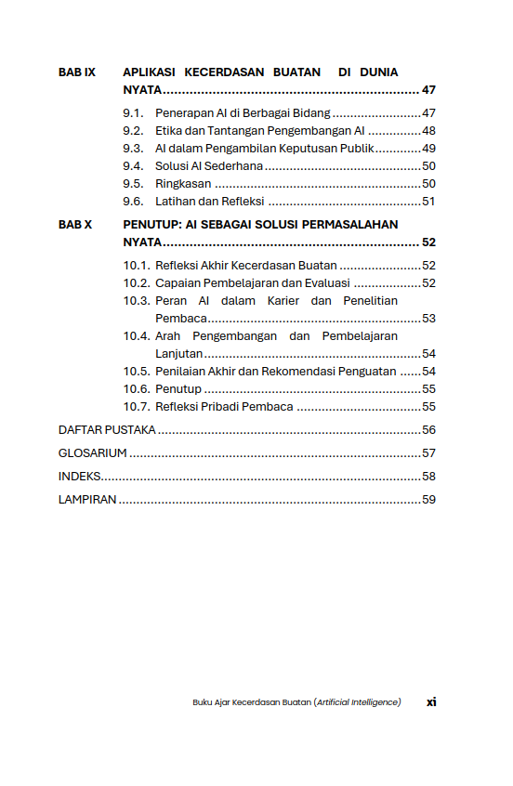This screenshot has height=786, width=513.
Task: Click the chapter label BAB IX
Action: (76, 72)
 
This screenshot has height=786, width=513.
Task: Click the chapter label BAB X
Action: (75, 225)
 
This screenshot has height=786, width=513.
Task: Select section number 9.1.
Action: (133, 113)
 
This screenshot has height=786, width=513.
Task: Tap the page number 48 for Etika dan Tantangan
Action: (428, 131)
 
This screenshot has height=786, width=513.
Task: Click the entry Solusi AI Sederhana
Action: (208, 166)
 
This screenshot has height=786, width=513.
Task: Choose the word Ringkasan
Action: (183, 184)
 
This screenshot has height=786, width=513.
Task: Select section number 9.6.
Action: (133, 202)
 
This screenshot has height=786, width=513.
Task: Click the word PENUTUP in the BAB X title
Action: (150, 225)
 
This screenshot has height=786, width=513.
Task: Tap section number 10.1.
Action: (137, 266)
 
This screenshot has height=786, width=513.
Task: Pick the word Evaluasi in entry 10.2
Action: (326, 283)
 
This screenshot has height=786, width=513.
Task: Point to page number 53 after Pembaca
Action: (428, 319)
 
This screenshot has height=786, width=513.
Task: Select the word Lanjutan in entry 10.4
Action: (178, 354)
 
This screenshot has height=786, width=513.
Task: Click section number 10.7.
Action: (137, 407)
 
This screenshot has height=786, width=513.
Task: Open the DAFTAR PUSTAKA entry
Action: (107, 430)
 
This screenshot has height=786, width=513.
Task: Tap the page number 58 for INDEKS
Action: (428, 477)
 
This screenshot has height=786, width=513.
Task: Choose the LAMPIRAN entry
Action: (87, 500)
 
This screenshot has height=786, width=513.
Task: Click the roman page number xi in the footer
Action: (431, 702)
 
